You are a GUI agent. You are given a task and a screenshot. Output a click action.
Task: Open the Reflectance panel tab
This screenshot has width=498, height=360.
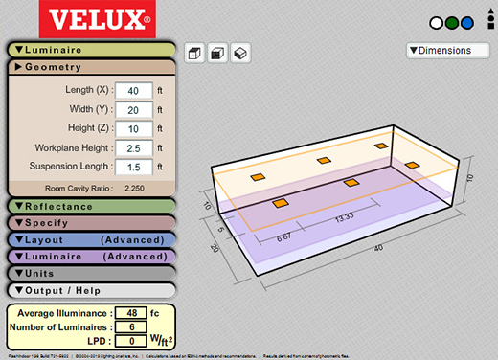coord(91,206)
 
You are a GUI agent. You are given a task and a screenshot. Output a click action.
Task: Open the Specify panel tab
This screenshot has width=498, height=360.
coord(91,222)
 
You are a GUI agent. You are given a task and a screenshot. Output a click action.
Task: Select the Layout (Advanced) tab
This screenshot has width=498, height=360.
coord(91,239)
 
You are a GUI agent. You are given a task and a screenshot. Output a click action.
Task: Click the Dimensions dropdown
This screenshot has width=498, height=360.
coord(454,50)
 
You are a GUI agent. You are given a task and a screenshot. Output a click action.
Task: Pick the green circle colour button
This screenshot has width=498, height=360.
coord(479,22)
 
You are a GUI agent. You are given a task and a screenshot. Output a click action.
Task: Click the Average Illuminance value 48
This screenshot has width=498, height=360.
coord(130,313)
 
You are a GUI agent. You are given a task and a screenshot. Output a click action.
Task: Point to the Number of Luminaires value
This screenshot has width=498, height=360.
coord(130,326)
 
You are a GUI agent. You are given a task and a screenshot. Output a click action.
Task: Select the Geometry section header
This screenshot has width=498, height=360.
coord(91,67)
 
